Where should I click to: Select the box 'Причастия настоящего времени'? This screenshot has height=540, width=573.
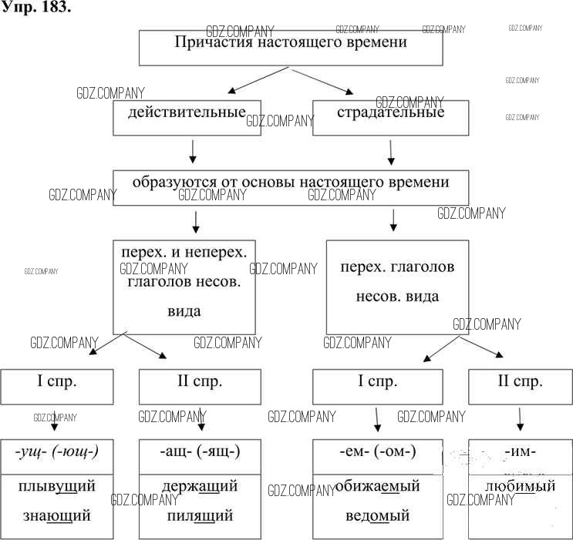(x=290, y=47)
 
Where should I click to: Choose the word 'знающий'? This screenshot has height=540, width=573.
(x=58, y=515)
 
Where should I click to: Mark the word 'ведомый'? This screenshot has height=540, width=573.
(x=378, y=515)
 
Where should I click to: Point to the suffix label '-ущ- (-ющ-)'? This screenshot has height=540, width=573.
(x=58, y=452)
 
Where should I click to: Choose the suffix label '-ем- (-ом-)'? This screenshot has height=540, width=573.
(x=378, y=452)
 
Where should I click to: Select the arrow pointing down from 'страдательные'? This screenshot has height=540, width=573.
(x=391, y=153)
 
